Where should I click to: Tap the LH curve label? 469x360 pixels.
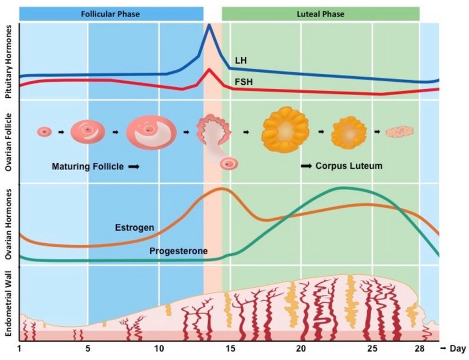coord(241,60)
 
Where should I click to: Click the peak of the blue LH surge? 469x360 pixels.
coord(209,25)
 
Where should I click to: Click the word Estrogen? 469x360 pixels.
coord(134,227)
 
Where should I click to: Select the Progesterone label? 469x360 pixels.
coord(178,251)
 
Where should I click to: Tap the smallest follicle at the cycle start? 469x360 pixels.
coord(44,132)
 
